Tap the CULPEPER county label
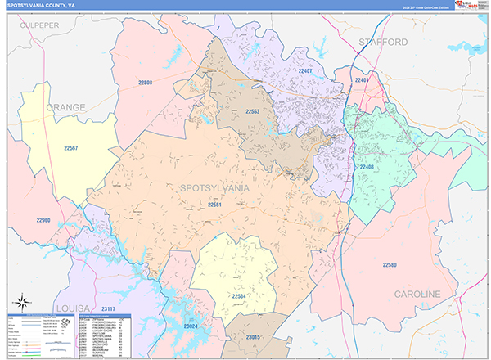coord(41,25)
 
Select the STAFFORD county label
coord(383,41)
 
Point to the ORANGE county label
coord(65,107)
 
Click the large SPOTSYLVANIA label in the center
coord(214,188)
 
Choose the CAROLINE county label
coord(417,294)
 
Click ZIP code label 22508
coord(145,83)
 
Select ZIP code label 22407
coord(305,72)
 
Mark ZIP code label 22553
coord(252,111)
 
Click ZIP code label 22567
coord(71,148)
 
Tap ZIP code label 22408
coord(366,167)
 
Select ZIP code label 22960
coord(43,220)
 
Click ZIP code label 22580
coord(390,264)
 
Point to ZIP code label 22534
coord(238,295)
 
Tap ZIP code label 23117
coord(110,308)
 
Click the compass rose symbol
coord(22,300)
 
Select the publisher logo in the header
coord(467,7)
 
